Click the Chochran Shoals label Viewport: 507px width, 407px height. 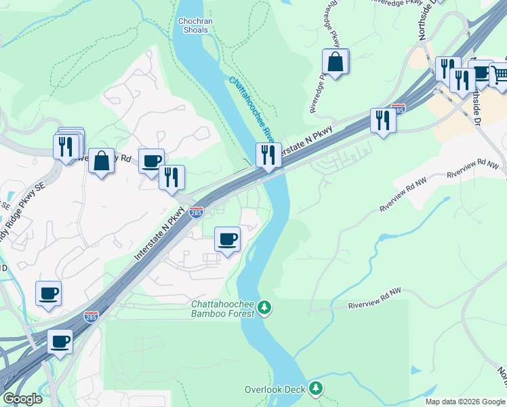click(x=193, y=26)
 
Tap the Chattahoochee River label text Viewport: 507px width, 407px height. click(x=251, y=109)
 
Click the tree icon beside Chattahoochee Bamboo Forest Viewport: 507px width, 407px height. click(x=265, y=309)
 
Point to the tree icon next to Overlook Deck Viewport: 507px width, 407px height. click(x=315, y=388)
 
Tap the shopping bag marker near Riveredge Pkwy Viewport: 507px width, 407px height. click(x=336, y=62)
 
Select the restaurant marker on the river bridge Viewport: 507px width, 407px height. click(x=268, y=155)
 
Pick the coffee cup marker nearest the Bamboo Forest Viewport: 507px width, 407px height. click(x=227, y=239)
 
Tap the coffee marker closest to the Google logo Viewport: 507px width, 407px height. click(x=60, y=341)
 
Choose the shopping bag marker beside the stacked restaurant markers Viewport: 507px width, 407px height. click(x=101, y=161)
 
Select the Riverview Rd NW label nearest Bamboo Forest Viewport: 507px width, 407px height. click(x=374, y=298)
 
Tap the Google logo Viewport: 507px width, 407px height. click(x=22, y=399)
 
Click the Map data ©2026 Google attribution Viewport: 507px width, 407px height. click(x=464, y=402)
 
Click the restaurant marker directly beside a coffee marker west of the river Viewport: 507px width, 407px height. click(x=172, y=178)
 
